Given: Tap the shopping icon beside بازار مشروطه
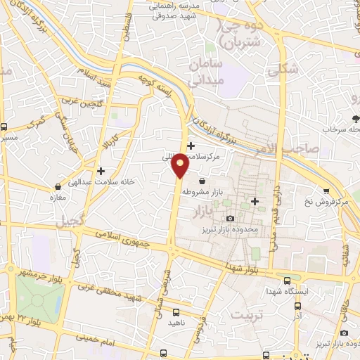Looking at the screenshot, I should tap(202, 182).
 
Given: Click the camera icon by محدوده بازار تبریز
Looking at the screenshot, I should tap(230, 219).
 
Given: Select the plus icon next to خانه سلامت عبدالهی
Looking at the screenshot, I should tap(101, 170).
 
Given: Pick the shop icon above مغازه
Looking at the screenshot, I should tap(58, 187).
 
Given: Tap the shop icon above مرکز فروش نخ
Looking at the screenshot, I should tap(326, 191).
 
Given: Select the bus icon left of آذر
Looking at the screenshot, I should tap(297, 306).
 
